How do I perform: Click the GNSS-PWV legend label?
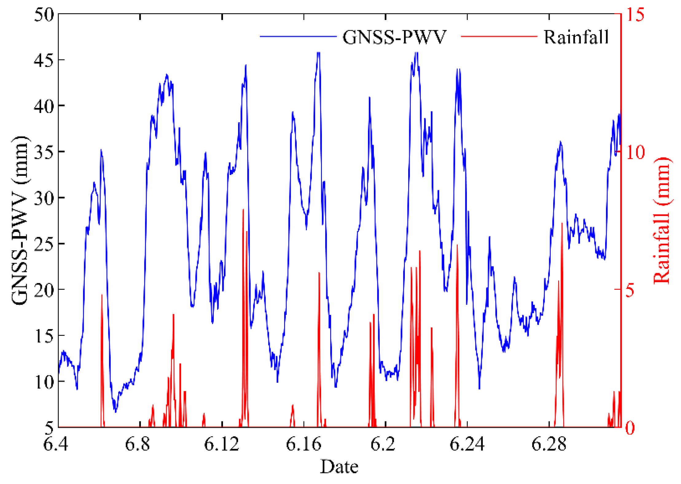(394, 37)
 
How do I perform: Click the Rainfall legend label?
(576, 37)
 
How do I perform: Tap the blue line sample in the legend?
(298, 37)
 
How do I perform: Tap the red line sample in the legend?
(499, 37)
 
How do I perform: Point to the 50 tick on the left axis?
(44, 14)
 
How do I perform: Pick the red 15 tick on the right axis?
(635, 14)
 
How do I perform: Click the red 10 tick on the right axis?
(635, 152)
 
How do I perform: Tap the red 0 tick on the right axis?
(630, 428)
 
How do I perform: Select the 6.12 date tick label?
(221, 444)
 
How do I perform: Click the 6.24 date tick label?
(467, 444)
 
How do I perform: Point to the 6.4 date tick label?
(56, 444)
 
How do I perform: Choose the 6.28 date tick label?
(549, 444)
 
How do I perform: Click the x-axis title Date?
(339, 467)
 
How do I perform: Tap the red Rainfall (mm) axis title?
(662, 220)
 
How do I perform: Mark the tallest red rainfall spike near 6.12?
(243, 210)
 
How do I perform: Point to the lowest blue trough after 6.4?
(115, 412)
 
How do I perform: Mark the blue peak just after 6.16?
(319, 53)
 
